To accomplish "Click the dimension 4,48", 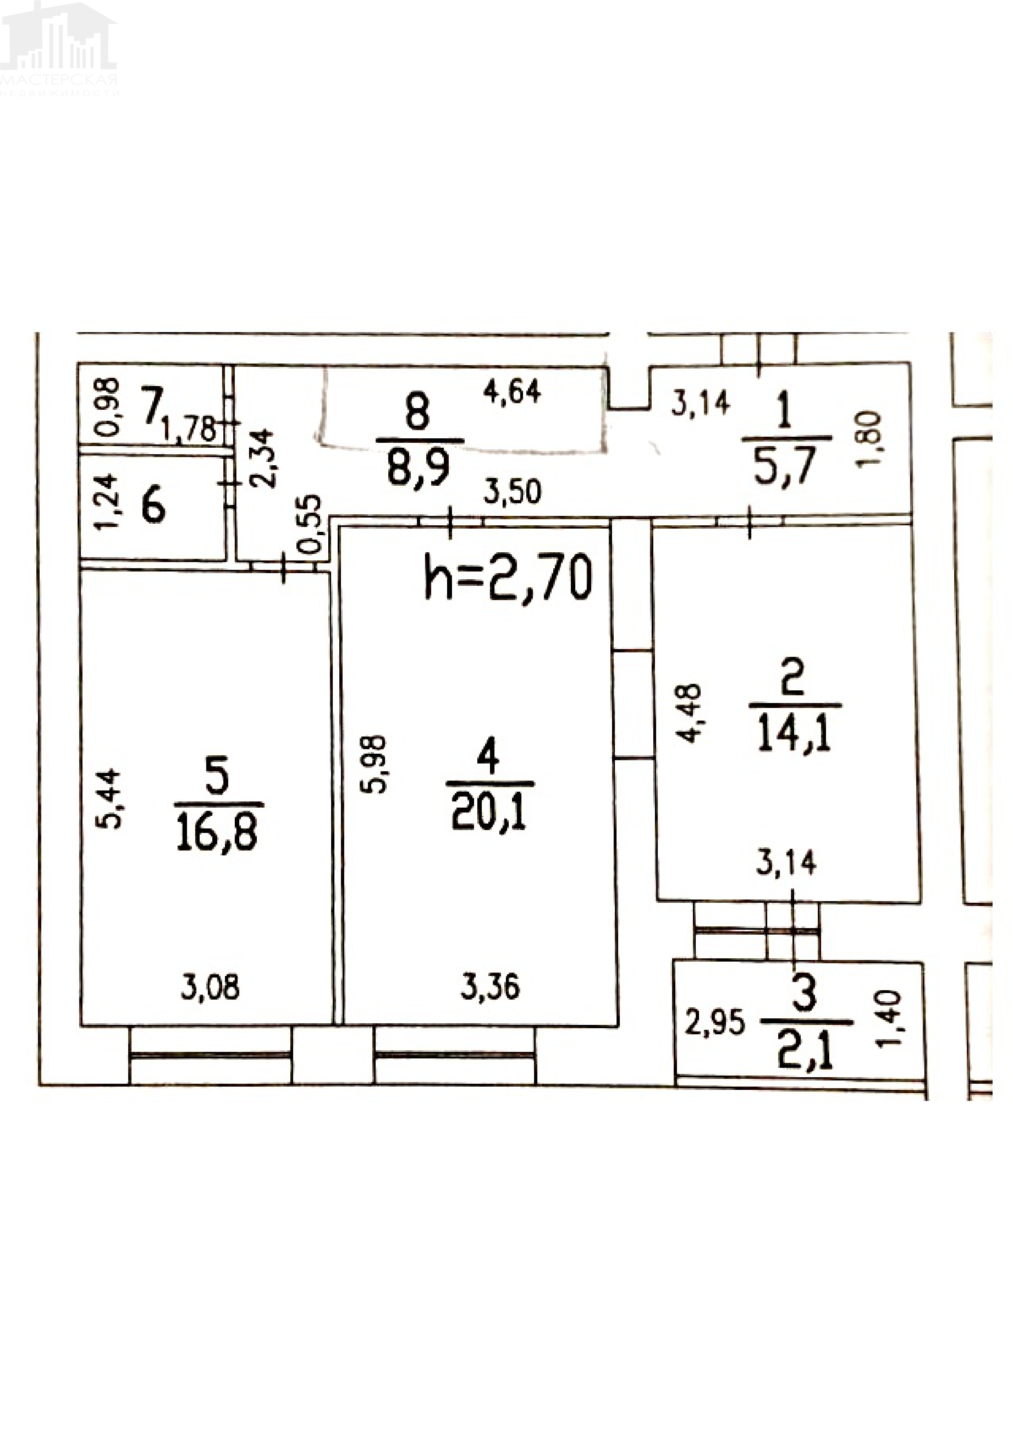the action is [690, 713].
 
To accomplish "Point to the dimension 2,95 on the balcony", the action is [715, 1022].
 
